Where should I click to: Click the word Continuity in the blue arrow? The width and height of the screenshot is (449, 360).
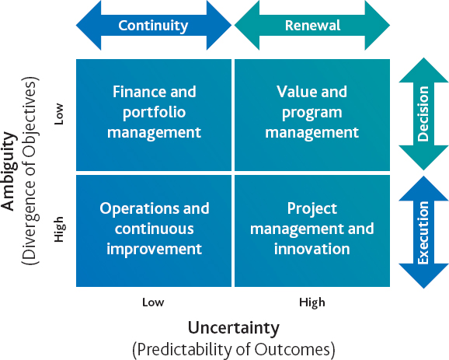[x=153, y=26]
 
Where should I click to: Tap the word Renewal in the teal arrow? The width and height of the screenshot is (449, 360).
[x=312, y=25]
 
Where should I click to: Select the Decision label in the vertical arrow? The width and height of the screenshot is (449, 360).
[x=423, y=114]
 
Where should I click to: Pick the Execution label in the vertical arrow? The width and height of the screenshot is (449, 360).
[x=423, y=232]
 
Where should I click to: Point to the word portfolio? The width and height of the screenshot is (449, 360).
[x=155, y=113]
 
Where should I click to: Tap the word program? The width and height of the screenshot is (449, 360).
[x=312, y=113]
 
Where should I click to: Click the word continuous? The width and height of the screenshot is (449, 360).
[x=155, y=229]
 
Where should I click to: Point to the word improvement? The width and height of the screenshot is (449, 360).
[x=155, y=250]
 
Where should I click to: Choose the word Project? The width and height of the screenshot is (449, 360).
[x=312, y=208]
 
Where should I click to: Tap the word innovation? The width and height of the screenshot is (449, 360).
[x=312, y=249]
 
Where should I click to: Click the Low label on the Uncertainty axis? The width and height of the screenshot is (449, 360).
[x=153, y=302]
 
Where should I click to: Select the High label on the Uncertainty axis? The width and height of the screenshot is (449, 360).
[x=312, y=303]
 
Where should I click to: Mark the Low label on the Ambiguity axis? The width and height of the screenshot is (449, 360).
[x=59, y=114]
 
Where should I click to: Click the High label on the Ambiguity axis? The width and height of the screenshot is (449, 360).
[x=59, y=229]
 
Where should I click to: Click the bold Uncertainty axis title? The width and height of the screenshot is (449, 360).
[x=234, y=327]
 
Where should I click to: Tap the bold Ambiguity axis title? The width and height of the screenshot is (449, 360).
[x=9, y=171]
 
